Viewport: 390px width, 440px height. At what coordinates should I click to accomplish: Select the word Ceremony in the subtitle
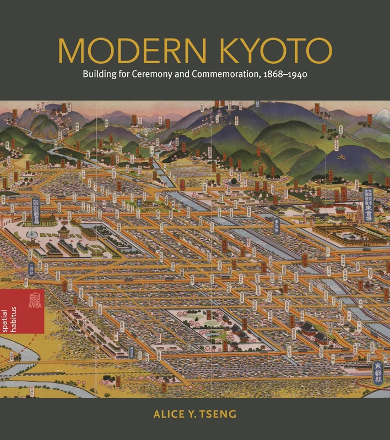(x=146, y=74)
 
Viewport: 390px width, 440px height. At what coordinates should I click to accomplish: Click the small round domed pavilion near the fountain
(x=64, y=229)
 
